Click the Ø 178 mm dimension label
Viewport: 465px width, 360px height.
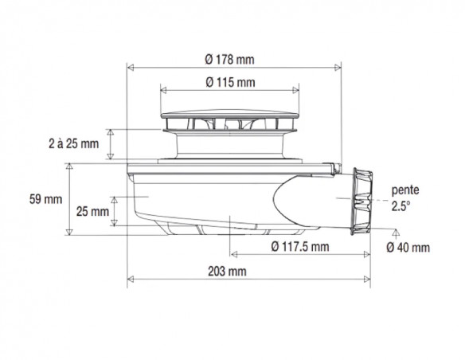[x=229, y=60]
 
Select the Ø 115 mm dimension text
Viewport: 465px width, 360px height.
[x=230, y=82]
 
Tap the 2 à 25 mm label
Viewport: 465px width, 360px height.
[x=73, y=144]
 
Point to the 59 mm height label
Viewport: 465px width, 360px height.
[x=45, y=199]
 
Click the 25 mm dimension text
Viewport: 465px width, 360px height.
[x=92, y=211]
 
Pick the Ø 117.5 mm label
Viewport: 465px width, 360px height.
[x=300, y=246]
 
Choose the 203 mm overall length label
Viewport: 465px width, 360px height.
[x=227, y=272]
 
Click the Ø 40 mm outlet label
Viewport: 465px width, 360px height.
[x=408, y=248]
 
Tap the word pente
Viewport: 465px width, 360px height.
[x=405, y=190]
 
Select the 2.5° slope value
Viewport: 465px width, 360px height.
[x=401, y=206]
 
